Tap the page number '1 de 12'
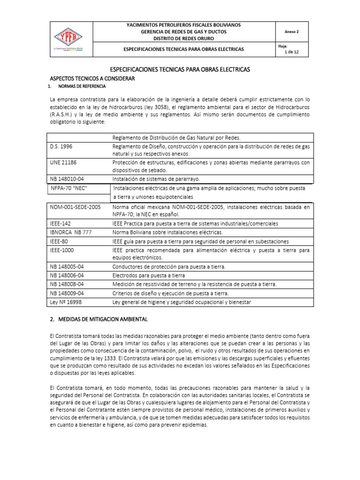click(x=292, y=52)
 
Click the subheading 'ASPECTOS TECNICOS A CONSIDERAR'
click(x=92, y=78)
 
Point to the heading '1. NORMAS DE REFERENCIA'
click(x=78, y=87)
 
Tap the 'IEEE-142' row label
click(x=60, y=223)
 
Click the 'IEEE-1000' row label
click(x=62, y=250)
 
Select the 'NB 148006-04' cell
click(x=67, y=275)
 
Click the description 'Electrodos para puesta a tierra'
click(x=149, y=275)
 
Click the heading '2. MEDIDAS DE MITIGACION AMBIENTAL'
click(x=98, y=319)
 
